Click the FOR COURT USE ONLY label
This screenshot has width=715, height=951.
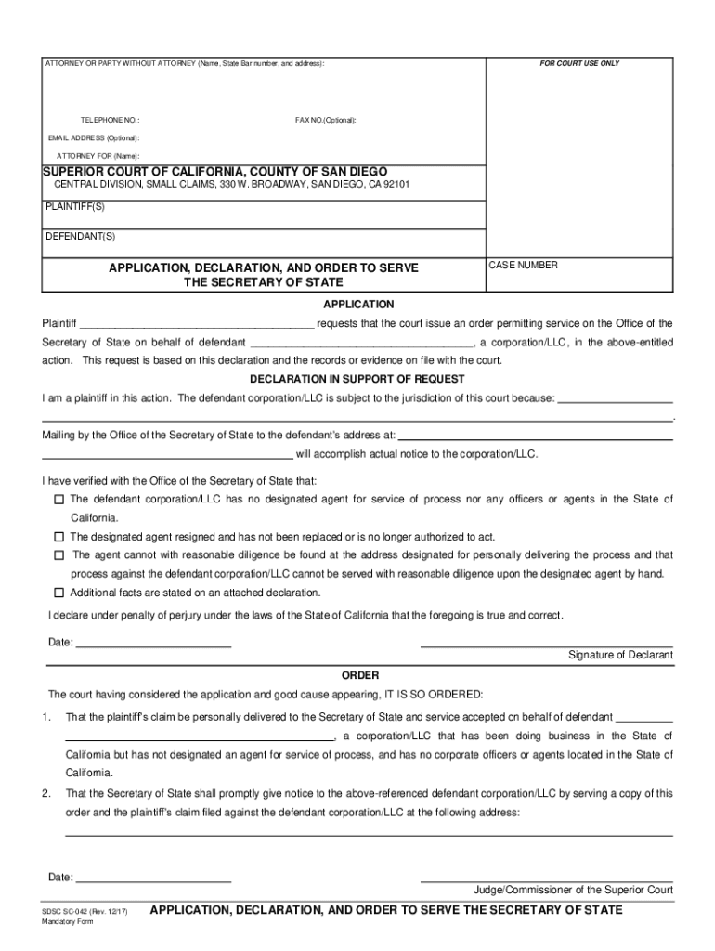tap(579, 64)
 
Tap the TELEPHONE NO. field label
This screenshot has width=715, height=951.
tap(110, 121)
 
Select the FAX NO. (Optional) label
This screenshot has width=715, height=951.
tap(325, 121)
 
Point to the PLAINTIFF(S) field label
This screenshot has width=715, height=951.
tap(75, 206)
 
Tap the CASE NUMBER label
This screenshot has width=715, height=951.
tap(523, 266)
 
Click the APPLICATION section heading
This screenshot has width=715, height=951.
tap(358, 305)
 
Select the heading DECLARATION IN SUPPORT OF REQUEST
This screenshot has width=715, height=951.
tap(357, 379)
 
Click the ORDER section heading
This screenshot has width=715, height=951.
tap(359, 675)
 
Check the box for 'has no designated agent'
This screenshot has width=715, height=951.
tap(58, 500)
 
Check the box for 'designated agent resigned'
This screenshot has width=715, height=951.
tap(58, 537)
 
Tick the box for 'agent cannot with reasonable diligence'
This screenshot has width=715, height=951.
tap(58, 555)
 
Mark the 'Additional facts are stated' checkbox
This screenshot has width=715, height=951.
tap(58, 593)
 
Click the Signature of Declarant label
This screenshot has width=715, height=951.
tap(620, 656)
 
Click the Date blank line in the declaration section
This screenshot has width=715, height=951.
tap(153, 642)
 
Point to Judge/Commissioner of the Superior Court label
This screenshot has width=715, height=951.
tap(573, 889)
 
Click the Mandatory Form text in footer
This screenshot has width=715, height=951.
tap(70, 925)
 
